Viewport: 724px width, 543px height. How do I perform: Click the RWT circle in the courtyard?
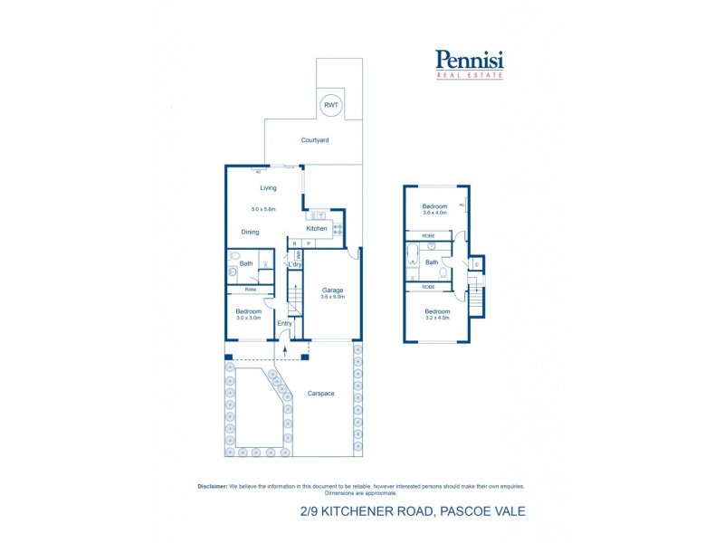[x=330, y=105]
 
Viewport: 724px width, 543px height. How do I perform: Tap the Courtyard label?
[x=315, y=140]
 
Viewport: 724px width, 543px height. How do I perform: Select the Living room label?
[x=268, y=188]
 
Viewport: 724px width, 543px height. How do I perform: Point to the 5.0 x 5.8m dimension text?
[x=263, y=209]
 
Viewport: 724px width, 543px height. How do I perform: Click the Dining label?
[x=251, y=232]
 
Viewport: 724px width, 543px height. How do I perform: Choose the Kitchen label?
[x=316, y=228]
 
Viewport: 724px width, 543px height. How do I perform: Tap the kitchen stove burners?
[x=338, y=229]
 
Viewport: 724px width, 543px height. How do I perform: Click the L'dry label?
[x=294, y=264]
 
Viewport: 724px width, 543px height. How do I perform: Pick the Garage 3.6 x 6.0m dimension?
[x=332, y=297]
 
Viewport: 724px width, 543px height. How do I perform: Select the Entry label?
[x=284, y=323]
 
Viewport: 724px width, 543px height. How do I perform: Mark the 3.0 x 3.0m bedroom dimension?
[x=249, y=318]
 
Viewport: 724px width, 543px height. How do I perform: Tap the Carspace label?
[x=321, y=395]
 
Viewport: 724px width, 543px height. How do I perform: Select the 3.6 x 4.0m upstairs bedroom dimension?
[x=435, y=214]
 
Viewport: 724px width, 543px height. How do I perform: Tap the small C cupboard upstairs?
[x=477, y=264]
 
